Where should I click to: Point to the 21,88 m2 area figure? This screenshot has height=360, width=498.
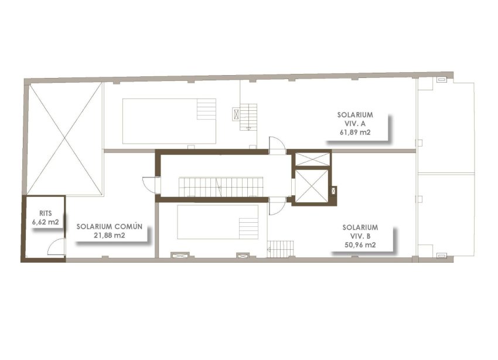pyautogui.click(x=110, y=235)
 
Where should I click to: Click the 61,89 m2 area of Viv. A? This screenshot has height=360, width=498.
pyautogui.click(x=355, y=132)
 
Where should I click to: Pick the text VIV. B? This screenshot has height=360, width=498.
pyautogui.click(x=360, y=236)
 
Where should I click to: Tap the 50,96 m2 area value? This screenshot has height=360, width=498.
pyautogui.click(x=360, y=245)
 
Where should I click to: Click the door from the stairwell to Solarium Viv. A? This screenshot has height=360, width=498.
pyautogui.click(x=276, y=145)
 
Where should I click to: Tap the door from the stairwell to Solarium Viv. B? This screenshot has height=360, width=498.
pyautogui.click(x=277, y=206)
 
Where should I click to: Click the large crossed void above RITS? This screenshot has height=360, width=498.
pyautogui.click(x=65, y=138)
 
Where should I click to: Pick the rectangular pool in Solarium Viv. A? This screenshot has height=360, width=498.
pyautogui.click(x=169, y=121)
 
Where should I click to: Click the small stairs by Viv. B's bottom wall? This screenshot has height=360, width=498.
pyautogui.click(x=279, y=249)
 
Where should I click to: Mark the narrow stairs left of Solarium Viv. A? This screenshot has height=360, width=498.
pyautogui.click(x=248, y=116)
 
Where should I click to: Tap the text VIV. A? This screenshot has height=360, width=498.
pyautogui.click(x=355, y=123)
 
